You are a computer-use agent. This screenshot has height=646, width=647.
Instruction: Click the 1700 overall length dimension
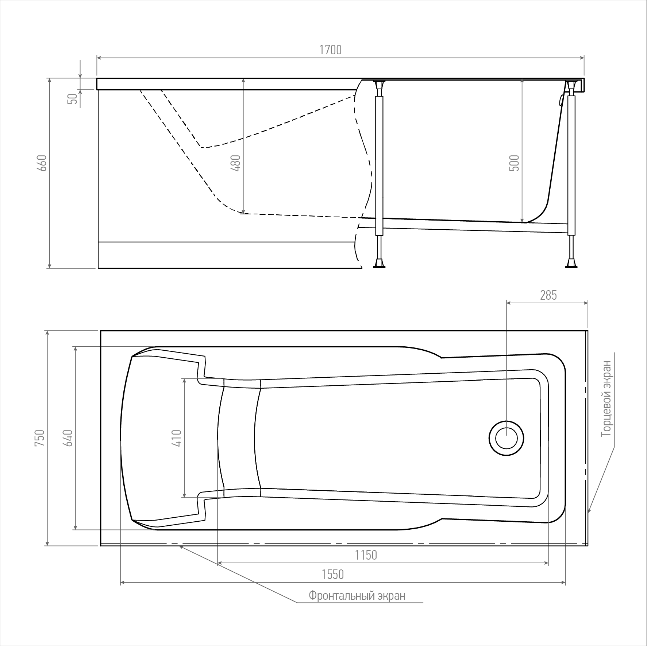pos(331,50)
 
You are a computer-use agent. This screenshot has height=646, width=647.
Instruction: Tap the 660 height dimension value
pos(42,163)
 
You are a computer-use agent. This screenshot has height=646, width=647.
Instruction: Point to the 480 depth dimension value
pos(236,163)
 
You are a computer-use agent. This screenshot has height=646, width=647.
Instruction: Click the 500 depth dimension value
pos(514,163)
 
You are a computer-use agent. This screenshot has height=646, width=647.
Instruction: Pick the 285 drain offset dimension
pos(548,295)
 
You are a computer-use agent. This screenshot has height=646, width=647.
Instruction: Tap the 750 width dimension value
pos(40,438)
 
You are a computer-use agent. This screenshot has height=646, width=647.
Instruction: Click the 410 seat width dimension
pos(177,438)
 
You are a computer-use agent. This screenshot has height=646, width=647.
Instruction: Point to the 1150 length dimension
pos(366,555)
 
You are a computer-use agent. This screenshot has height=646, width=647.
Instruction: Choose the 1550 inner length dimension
pos(332,575)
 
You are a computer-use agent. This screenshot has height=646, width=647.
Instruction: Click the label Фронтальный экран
pos(357,596)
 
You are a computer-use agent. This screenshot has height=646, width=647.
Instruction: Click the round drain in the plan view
pos(506,438)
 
